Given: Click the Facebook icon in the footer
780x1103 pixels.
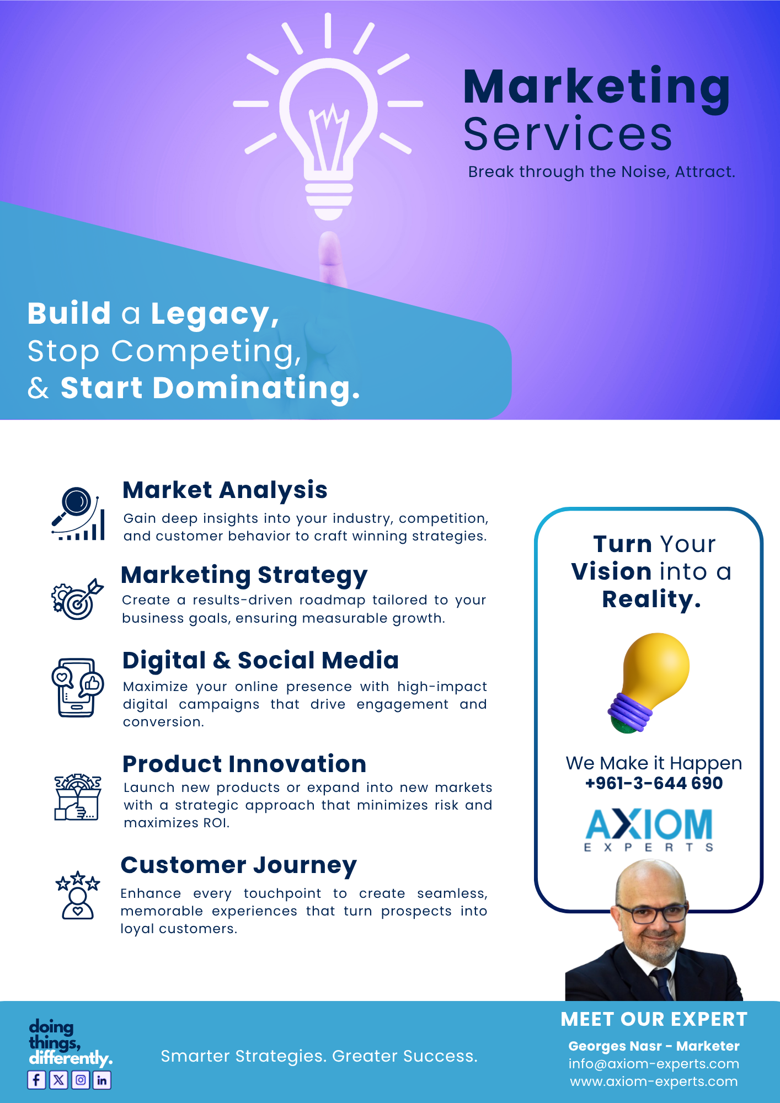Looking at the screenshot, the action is click(36, 1079).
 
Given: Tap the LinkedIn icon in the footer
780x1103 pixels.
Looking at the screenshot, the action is click(102, 1079).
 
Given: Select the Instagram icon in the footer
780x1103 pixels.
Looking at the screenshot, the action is click(81, 1079).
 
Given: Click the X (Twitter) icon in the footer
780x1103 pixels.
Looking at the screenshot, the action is click(58, 1079).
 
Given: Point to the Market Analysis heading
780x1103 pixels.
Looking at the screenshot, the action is click(225, 490).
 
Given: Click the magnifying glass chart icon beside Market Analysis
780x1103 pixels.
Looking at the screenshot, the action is click(78, 513).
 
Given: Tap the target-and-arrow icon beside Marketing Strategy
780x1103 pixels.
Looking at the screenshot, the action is click(77, 599).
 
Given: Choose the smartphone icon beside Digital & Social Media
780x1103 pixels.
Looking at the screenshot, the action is click(77, 687).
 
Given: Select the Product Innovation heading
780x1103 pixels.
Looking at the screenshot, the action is click(244, 764).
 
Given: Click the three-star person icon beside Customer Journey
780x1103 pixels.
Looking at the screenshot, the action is click(78, 895).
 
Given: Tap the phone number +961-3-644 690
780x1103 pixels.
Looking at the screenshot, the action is click(654, 783).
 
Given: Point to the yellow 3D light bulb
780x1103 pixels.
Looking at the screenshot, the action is click(649, 683).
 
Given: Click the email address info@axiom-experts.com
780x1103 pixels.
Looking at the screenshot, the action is click(654, 1064).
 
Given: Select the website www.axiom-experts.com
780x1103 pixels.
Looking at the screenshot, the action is click(654, 1081).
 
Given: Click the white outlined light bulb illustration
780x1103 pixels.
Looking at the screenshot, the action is click(328, 117).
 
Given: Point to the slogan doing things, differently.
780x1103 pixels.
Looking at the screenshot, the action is click(71, 1042).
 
